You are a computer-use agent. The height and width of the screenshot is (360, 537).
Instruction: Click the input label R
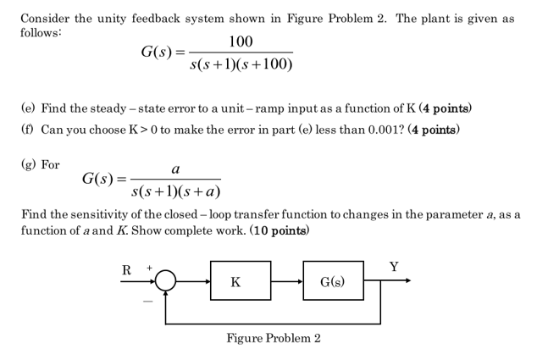pyautogui.click(x=126, y=270)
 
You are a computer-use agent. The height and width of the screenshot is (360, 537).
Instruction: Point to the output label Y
pyautogui.click(x=394, y=267)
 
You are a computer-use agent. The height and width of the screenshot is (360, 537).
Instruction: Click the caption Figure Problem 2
pyautogui.click(x=273, y=339)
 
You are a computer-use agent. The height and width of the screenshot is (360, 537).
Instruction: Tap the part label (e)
pyautogui.click(x=29, y=108)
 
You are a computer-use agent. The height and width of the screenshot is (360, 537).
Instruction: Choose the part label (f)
pyautogui.click(x=28, y=130)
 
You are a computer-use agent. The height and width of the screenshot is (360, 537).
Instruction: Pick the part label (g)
pyautogui.click(x=29, y=164)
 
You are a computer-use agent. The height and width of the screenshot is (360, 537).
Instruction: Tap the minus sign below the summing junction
pyautogui.click(x=146, y=302)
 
